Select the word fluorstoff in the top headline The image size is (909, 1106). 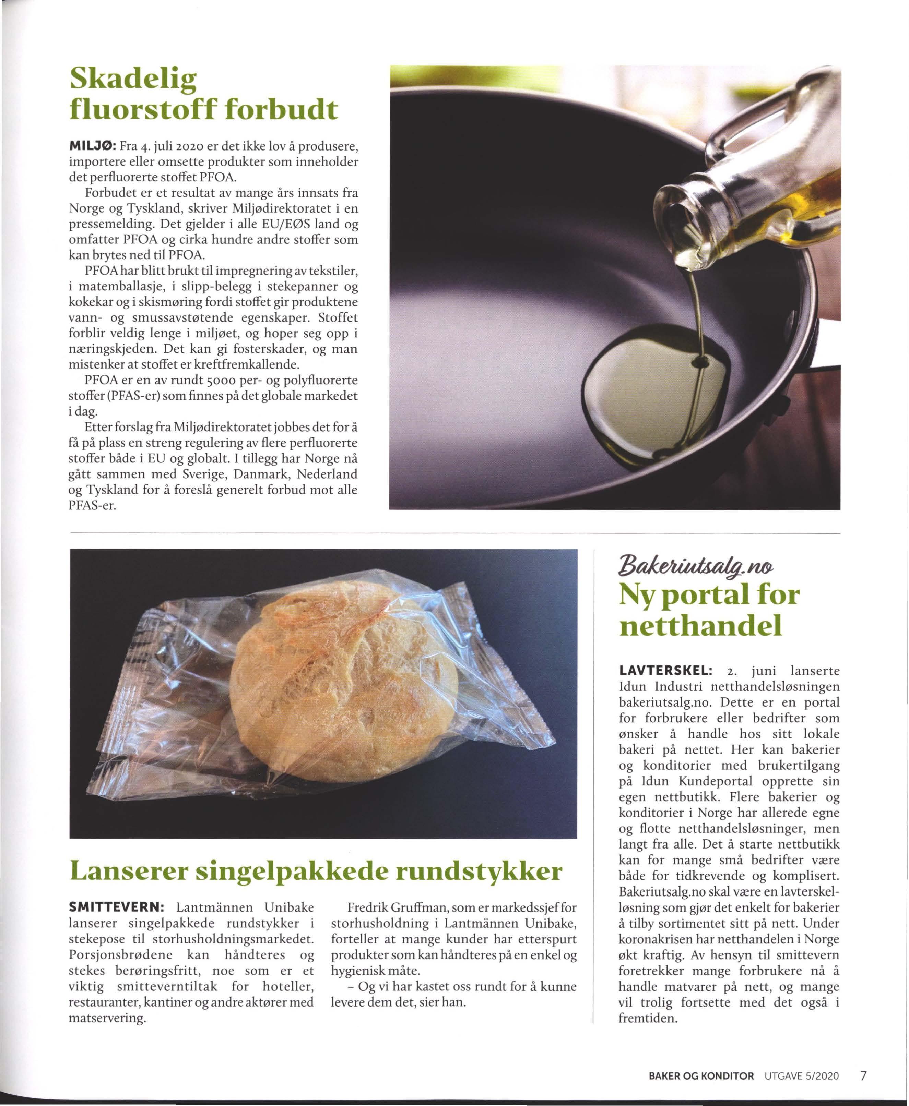(141, 110)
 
